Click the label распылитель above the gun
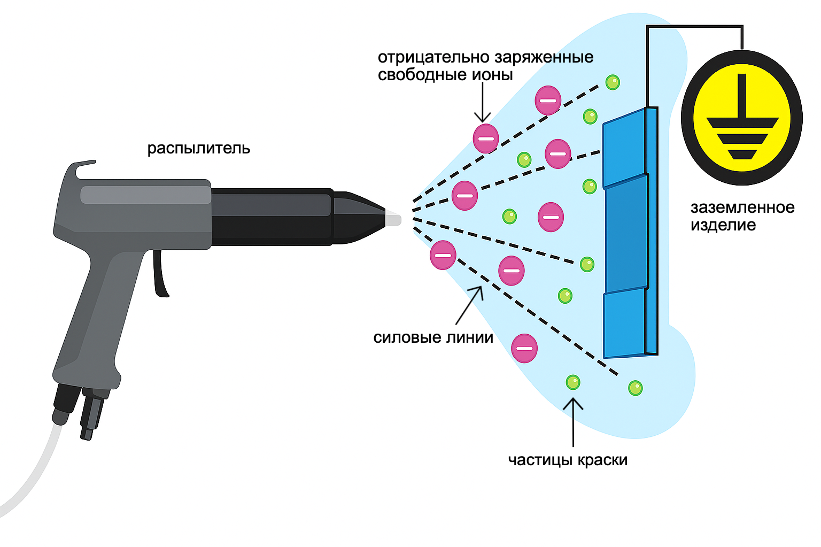[x=198, y=148]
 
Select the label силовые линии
[x=433, y=337]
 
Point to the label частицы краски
[x=568, y=460]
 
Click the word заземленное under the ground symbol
[x=742, y=207]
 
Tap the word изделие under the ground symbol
[x=723, y=225]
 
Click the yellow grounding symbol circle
[x=741, y=118]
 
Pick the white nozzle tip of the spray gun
[x=393, y=219]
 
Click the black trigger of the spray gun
[x=160, y=275]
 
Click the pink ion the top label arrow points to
[x=485, y=138]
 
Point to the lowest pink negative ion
[x=524, y=348]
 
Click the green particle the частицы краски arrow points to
[x=572, y=382]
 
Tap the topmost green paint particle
[x=613, y=82]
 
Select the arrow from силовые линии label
[x=470, y=305]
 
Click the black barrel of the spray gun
[x=273, y=217]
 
